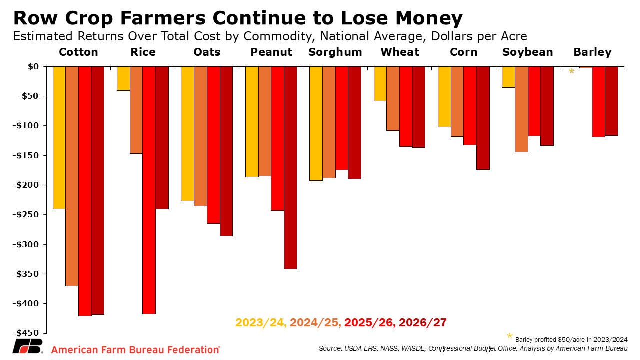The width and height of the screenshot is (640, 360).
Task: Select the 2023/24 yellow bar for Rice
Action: [123, 78]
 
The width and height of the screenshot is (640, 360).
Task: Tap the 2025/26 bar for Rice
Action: [149, 190]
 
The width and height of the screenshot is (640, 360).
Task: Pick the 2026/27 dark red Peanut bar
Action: [290, 168]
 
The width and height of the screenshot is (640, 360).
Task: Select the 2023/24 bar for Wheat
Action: [380, 84]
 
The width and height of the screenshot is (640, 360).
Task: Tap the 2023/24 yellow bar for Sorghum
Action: [316, 123]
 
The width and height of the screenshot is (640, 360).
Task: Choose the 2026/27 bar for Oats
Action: [226, 151]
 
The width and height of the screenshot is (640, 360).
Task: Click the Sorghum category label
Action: [335, 52]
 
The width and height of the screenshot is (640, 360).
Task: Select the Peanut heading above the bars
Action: [271, 52]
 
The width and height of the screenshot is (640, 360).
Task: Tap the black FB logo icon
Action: [27, 346]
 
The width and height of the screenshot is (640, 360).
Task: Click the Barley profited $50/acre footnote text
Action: [571, 339]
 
